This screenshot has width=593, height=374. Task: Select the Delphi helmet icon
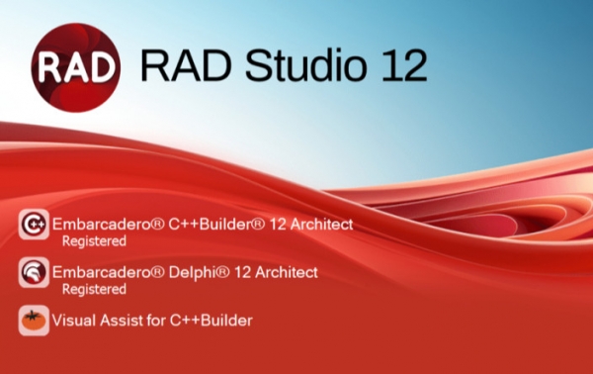(34, 272)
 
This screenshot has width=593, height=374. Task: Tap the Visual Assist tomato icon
(34, 321)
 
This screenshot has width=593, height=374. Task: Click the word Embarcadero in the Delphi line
(98, 272)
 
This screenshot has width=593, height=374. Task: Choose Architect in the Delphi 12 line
(286, 272)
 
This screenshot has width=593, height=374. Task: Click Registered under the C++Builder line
(94, 241)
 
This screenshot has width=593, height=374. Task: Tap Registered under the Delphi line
(94, 289)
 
